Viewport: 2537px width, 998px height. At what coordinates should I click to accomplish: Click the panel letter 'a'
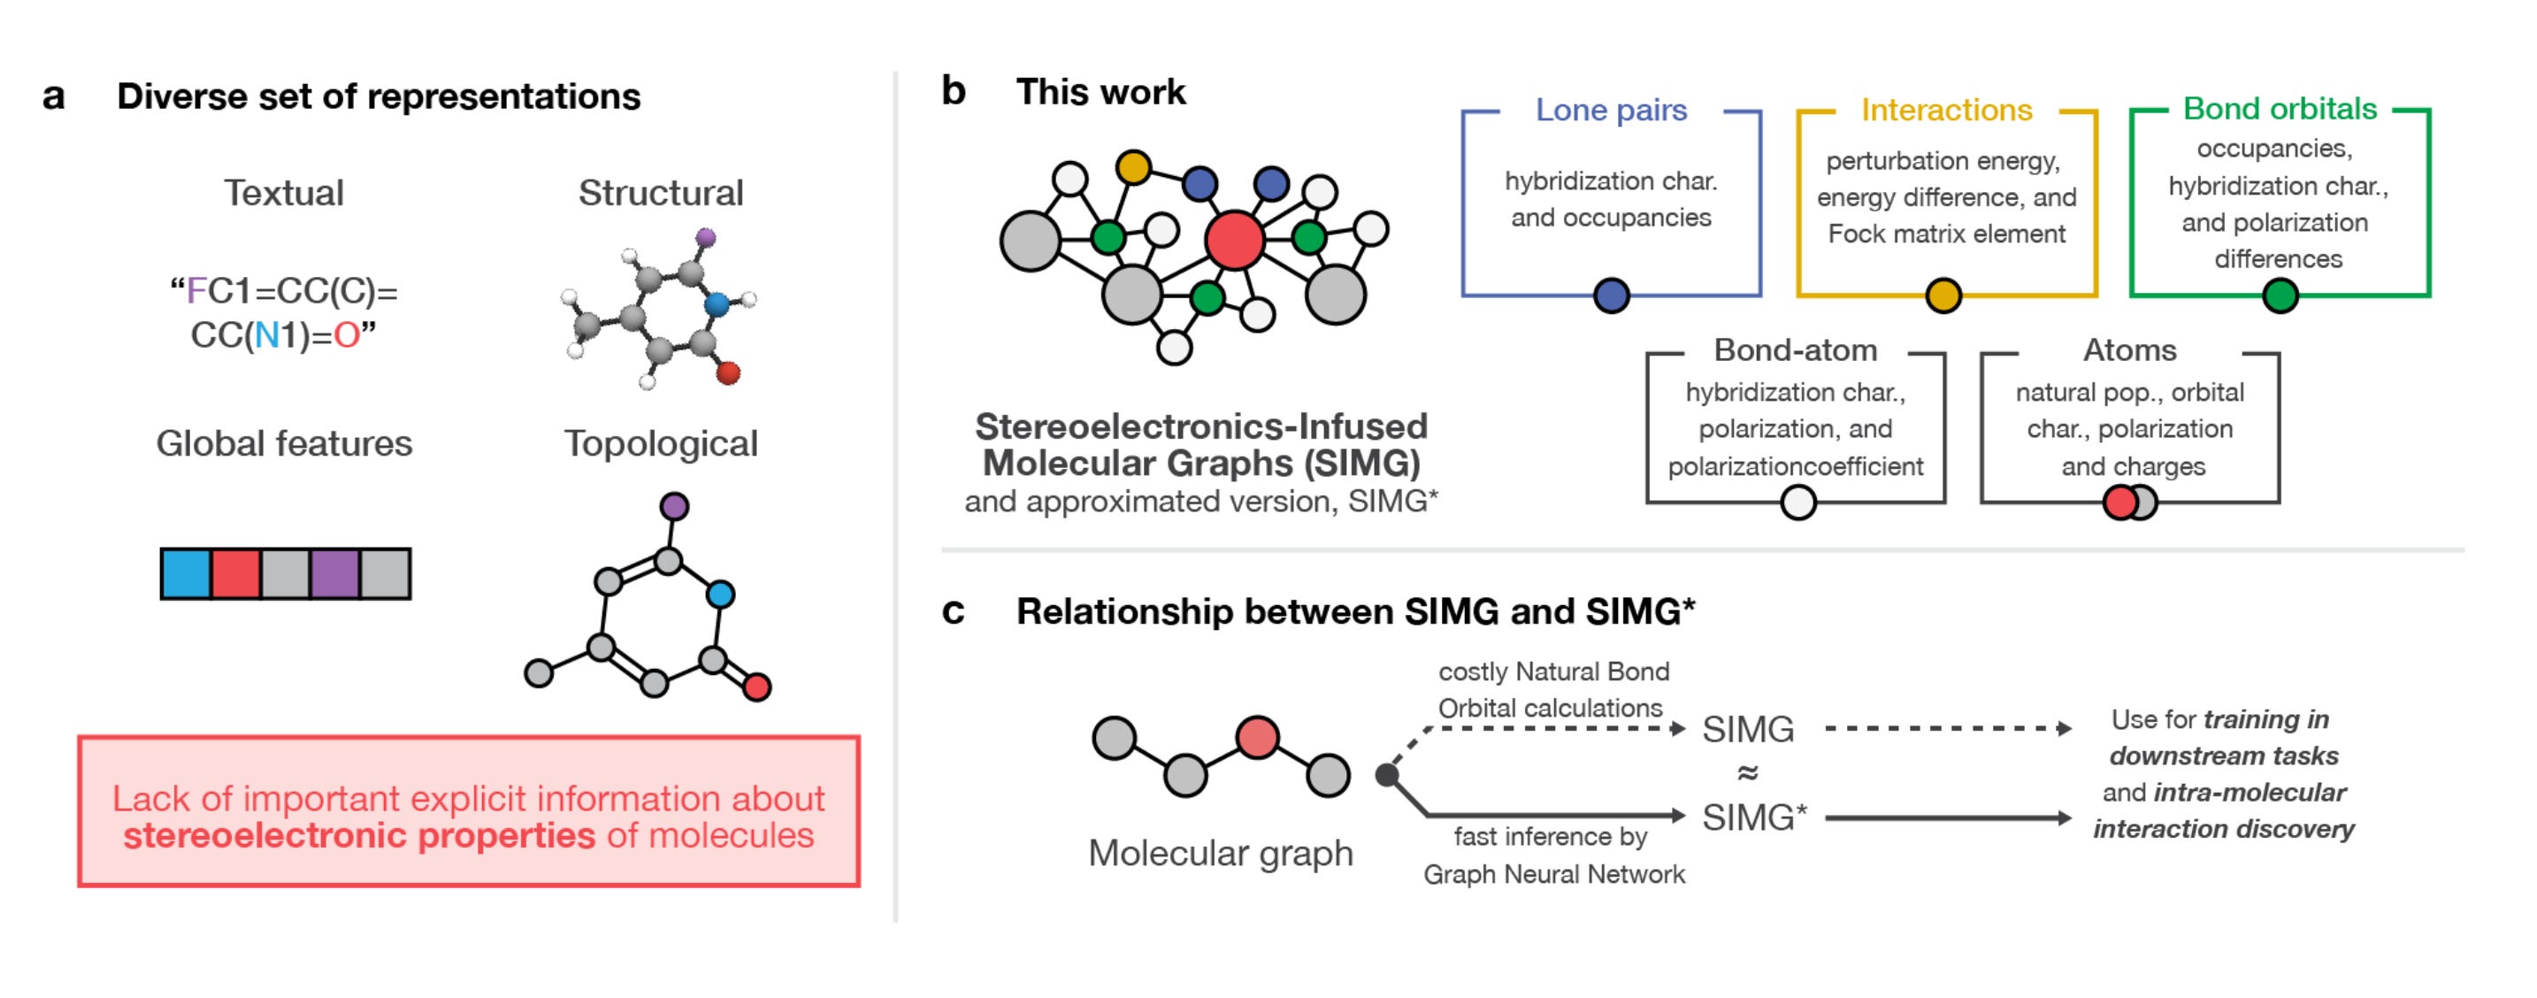53,97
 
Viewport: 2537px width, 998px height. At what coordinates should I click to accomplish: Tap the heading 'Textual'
284,193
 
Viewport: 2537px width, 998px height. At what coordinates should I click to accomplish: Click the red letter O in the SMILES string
346,336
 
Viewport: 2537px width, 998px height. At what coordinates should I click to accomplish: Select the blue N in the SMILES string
267,336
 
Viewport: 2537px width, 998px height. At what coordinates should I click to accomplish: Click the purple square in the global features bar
335,574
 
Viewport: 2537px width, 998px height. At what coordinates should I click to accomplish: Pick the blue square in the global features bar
186,574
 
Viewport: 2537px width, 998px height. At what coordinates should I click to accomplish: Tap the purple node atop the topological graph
674,506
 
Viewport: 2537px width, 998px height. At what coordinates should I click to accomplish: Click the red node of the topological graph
756,687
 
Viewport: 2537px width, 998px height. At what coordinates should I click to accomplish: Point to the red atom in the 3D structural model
728,373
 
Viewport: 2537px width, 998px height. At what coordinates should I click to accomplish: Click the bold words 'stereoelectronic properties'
358,835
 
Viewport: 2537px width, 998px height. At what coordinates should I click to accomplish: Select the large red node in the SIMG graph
1234,241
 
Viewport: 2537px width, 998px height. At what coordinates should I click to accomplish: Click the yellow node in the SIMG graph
1133,166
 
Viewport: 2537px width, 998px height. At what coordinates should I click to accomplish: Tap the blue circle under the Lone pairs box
1611,295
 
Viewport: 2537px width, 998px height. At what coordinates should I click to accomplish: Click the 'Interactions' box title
1946,111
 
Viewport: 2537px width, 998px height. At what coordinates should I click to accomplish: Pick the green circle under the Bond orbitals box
2280,295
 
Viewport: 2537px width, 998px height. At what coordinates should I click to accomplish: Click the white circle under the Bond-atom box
1797,503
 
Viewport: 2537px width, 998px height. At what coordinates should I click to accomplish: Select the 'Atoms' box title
2129,350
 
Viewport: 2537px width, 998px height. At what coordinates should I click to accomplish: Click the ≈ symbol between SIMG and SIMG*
1747,773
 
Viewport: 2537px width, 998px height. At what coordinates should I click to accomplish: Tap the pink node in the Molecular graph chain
1257,737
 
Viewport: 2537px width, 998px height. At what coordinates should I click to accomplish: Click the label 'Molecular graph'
1220,853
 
